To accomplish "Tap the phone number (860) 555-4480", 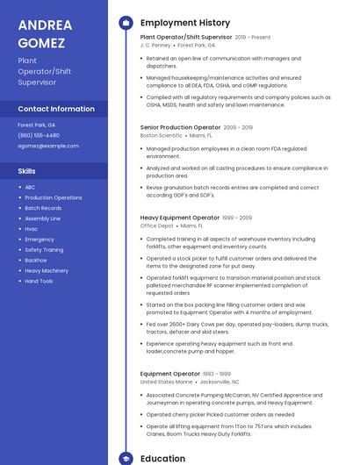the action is (39, 135).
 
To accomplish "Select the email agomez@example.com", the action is (47, 146).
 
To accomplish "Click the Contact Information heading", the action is (56, 109).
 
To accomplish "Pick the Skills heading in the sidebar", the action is (27, 171).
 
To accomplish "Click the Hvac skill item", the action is (32, 229).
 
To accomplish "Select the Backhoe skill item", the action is (36, 260).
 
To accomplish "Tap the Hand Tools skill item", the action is (39, 281).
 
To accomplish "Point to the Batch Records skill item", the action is (43, 208).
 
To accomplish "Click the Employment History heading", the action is (185, 23).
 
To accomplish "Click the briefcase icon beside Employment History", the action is (126, 23).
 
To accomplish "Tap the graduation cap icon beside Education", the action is (126, 458).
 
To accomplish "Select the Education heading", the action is (162, 458).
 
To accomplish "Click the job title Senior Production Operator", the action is (180, 127).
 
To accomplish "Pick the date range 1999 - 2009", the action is (237, 218).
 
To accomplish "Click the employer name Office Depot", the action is (157, 225).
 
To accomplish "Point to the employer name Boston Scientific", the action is (162, 135).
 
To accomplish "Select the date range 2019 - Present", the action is (253, 38).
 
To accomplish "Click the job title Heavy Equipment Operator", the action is (179, 218).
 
